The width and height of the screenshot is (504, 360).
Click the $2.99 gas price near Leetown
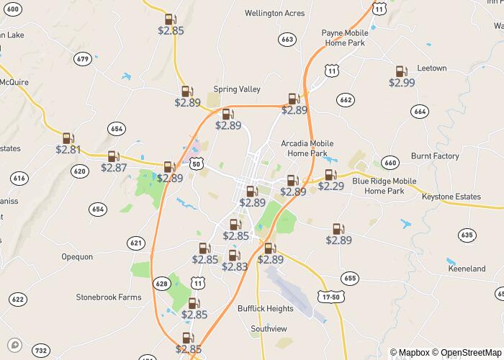(x=402, y=83)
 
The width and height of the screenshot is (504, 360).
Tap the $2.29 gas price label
(x=331, y=186)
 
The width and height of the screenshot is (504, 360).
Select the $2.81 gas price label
(x=68, y=150)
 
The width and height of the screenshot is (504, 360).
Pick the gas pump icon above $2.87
(x=113, y=156)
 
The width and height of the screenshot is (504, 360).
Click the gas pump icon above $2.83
(x=233, y=255)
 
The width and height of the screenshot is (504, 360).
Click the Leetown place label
(x=431, y=68)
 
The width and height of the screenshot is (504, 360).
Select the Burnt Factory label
(x=435, y=156)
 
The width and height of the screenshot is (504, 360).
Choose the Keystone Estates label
(x=451, y=196)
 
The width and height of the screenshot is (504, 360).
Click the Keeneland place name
(x=467, y=269)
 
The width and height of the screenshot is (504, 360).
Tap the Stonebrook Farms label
(x=109, y=297)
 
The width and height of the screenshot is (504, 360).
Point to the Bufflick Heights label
(x=266, y=309)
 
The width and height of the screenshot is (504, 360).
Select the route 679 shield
(x=82, y=59)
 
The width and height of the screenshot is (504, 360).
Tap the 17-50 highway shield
(x=330, y=296)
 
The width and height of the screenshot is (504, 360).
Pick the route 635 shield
(x=467, y=235)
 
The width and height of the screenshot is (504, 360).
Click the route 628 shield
(x=161, y=284)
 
